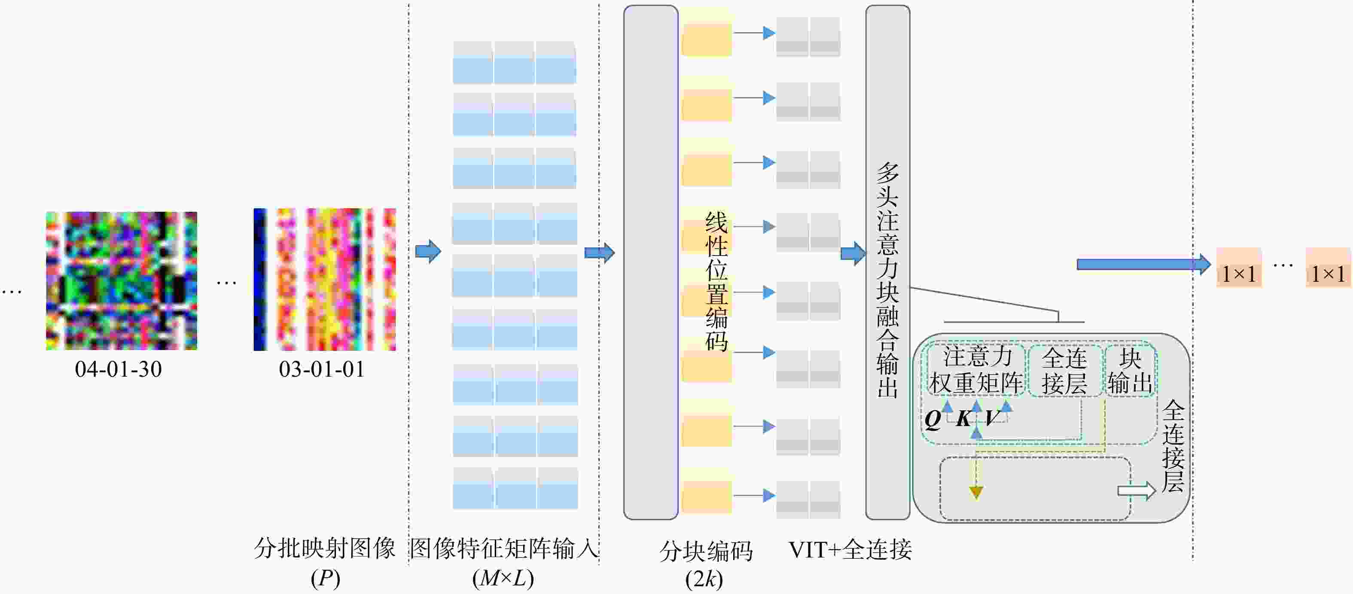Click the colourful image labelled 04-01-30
(x=121, y=280)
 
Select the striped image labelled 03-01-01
(x=325, y=280)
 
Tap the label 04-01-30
(x=118, y=369)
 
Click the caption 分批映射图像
(x=325, y=548)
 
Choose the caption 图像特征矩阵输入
(x=504, y=548)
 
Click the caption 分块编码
(x=706, y=551)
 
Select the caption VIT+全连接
(x=850, y=550)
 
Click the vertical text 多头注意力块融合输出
(x=888, y=280)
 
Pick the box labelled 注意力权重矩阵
(x=976, y=370)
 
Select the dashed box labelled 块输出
(x=1130, y=370)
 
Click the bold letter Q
(x=933, y=419)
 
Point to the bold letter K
(x=964, y=419)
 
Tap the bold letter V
(x=992, y=419)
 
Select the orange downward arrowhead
(x=976, y=493)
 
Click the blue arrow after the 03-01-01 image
(x=429, y=252)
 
